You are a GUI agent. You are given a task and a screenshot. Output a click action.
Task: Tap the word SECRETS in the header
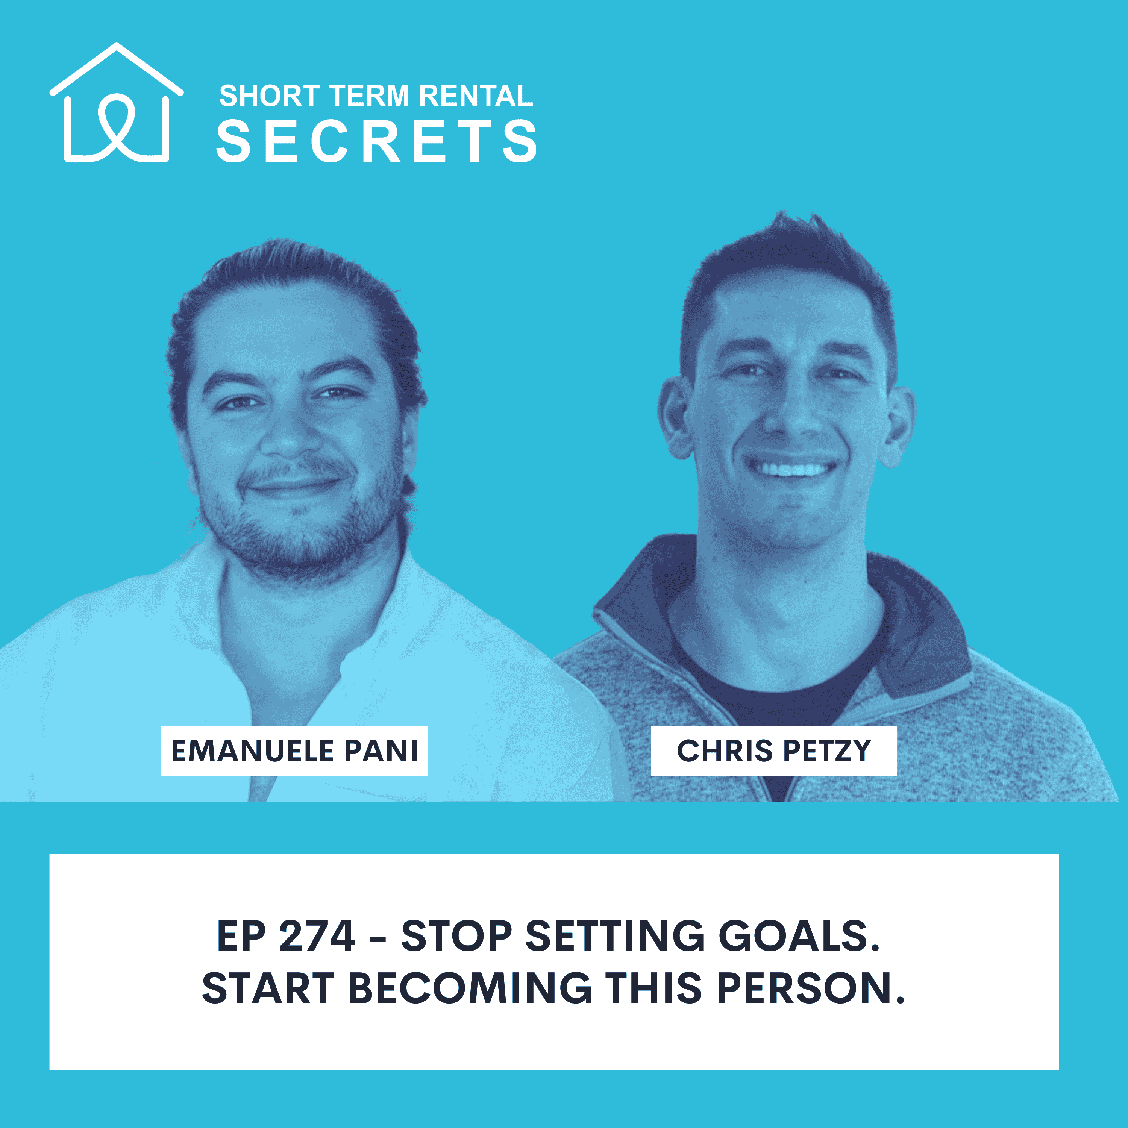tap(377, 141)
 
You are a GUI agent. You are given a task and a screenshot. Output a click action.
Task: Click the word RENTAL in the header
tap(476, 96)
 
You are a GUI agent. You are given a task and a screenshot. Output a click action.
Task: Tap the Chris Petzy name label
tap(773, 751)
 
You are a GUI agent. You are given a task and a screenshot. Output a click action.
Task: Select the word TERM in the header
tap(370, 96)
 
